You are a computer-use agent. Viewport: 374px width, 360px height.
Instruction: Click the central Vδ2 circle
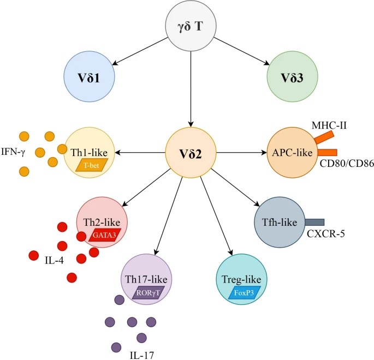pyautogui.click(x=191, y=153)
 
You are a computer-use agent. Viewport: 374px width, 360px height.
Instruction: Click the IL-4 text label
pyautogui.click(x=54, y=260)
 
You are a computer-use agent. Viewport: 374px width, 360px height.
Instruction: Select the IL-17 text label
pyautogui.click(x=142, y=355)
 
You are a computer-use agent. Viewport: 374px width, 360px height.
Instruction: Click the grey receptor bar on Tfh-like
pyautogui.click(x=314, y=222)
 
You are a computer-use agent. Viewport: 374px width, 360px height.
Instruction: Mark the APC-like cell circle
pyautogui.click(x=291, y=153)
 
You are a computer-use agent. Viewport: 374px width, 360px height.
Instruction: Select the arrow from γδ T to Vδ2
pyautogui.click(x=191, y=87)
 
